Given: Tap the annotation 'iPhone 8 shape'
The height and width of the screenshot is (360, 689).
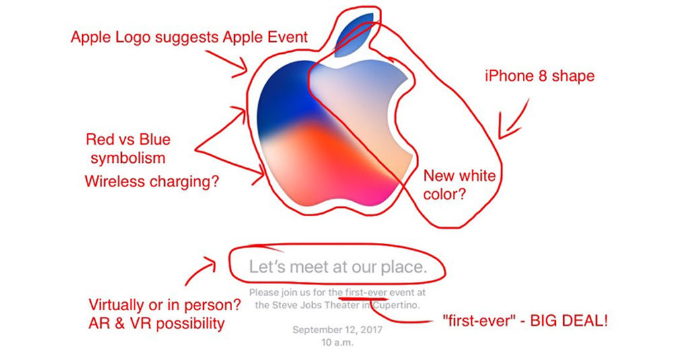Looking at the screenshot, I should [x=540, y=76].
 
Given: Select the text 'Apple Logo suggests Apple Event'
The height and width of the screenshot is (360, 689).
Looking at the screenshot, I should [x=189, y=37].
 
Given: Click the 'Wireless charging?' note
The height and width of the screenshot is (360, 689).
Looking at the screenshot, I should [x=151, y=182].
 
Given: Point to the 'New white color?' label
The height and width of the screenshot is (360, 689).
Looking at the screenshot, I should [x=459, y=185].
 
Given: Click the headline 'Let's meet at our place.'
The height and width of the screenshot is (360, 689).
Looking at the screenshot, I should [x=338, y=267].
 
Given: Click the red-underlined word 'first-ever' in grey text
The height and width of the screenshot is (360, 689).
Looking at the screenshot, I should [x=365, y=293].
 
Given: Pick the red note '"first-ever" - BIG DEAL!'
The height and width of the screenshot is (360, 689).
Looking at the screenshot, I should [x=525, y=321].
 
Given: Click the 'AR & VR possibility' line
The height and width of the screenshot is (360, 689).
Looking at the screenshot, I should [x=157, y=324].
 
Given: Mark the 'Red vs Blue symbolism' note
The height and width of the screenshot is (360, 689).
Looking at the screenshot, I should [x=128, y=149].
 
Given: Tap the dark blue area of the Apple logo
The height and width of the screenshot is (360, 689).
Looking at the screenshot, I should [x=283, y=101].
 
